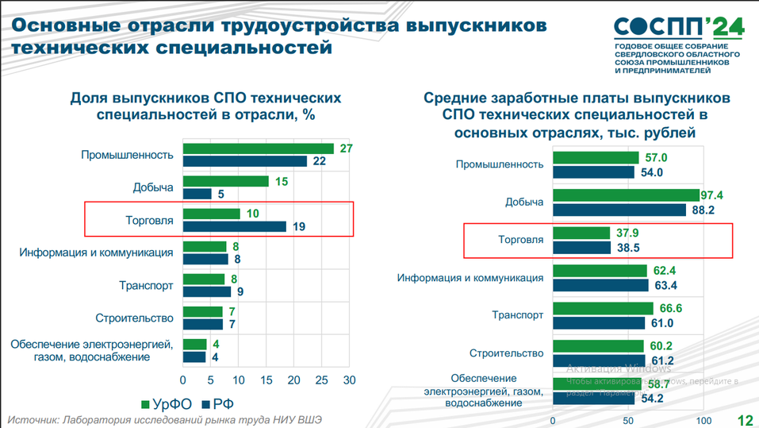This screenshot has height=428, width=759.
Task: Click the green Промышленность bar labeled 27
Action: tap(258, 148)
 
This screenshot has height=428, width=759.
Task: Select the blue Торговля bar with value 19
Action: tap(234, 226)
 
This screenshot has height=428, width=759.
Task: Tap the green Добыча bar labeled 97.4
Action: tap(626, 195)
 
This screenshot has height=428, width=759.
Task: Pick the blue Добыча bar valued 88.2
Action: tap(619, 210)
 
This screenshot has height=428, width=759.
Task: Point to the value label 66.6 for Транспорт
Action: tap(669, 308)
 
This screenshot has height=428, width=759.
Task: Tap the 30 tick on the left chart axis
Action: tap(348, 380)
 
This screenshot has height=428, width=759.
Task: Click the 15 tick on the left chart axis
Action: tap(266, 380)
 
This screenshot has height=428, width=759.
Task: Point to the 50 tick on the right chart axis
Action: tap(627, 419)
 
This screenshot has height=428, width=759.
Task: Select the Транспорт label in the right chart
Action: tap(516, 315)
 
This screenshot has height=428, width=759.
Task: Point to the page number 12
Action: tap(745, 419)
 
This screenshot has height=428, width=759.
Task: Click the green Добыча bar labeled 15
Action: tap(225, 181)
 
